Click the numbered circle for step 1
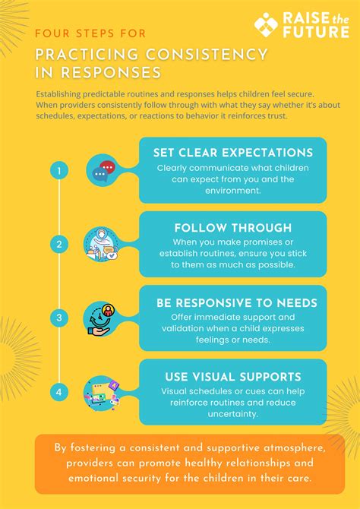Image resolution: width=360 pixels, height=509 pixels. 59,170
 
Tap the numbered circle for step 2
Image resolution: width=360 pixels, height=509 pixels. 59,244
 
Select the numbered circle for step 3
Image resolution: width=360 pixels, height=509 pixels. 59,318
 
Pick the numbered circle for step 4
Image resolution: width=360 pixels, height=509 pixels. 59,392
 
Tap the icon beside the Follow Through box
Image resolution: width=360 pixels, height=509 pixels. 102,244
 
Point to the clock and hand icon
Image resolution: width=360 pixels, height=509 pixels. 101,319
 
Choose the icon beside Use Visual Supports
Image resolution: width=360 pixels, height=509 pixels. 102,393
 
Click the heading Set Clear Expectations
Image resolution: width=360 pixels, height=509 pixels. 233,153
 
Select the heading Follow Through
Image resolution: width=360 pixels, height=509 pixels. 233,228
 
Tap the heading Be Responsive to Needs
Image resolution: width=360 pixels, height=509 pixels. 237,303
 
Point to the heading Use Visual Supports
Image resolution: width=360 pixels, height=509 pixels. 233,377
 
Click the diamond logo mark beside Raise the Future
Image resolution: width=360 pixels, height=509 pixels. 266,24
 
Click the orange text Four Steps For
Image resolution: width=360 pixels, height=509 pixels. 90,33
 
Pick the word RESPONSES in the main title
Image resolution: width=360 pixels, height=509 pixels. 111,73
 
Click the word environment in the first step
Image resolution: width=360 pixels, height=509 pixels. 233,190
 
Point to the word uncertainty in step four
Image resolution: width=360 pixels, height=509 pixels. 232,414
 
